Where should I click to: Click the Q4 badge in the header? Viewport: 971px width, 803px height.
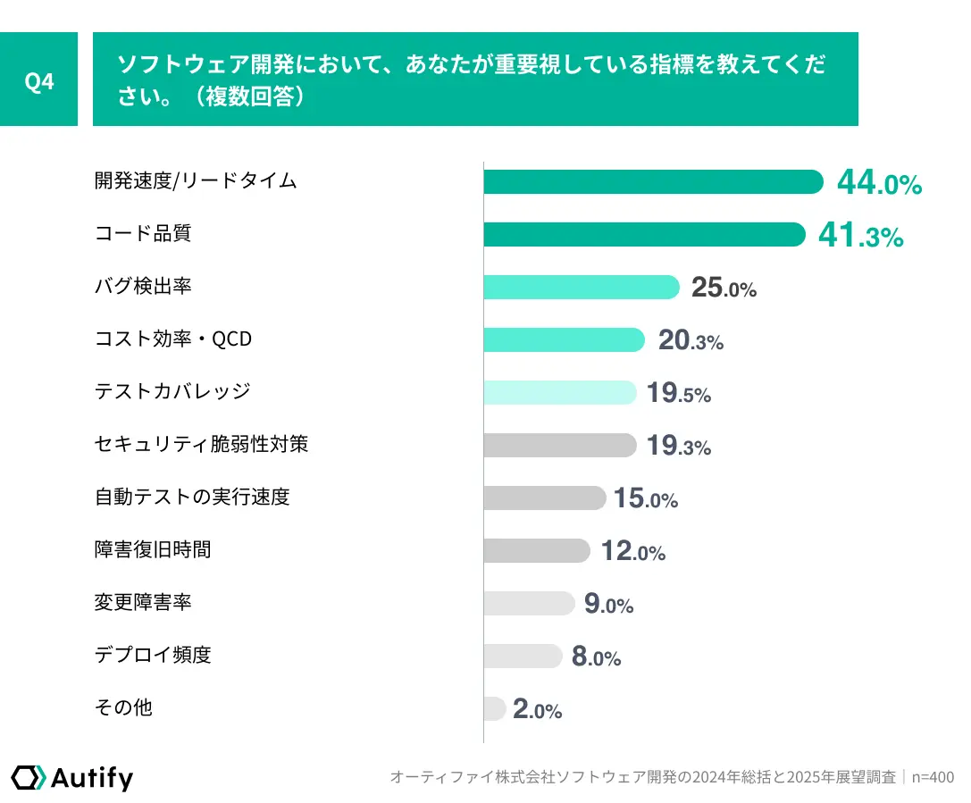pyautogui.click(x=39, y=80)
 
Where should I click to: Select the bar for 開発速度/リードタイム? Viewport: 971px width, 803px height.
pyautogui.click(x=653, y=181)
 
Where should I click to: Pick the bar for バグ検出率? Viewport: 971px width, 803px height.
pyautogui.click(x=582, y=288)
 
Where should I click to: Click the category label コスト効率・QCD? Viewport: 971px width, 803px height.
pyautogui.click(x=173, y=339)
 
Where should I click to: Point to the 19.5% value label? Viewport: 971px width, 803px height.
pyautogui.click(x=679, y=393)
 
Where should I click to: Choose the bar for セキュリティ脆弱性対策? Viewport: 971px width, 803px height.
pyautogui.click(x=560, y=446)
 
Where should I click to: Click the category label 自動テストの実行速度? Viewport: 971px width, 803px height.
pyautogui.click(x=192, y=497)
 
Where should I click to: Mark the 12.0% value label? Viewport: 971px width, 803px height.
pyautogui.click(x=633, y=551)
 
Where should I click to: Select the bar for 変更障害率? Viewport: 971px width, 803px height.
pyautogui.click(x=529, y=603)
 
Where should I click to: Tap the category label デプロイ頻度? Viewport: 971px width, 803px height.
pyautogui.click(x=153, y=655)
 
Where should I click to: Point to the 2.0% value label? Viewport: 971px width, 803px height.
pyautogui.click(x=537, y=709)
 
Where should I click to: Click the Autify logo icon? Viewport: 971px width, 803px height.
pyautogui.click(x=28, y=777)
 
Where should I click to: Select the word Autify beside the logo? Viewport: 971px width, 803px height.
pyautogui.click(x=92, y=778)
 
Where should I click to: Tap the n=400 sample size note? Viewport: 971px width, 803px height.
pyautogui.click(x=933, y=777)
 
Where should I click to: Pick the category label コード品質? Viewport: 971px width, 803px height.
pyautogui.click(x=143, y=234)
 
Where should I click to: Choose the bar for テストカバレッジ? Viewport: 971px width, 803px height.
pyautogui.click(x=560, y=393)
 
